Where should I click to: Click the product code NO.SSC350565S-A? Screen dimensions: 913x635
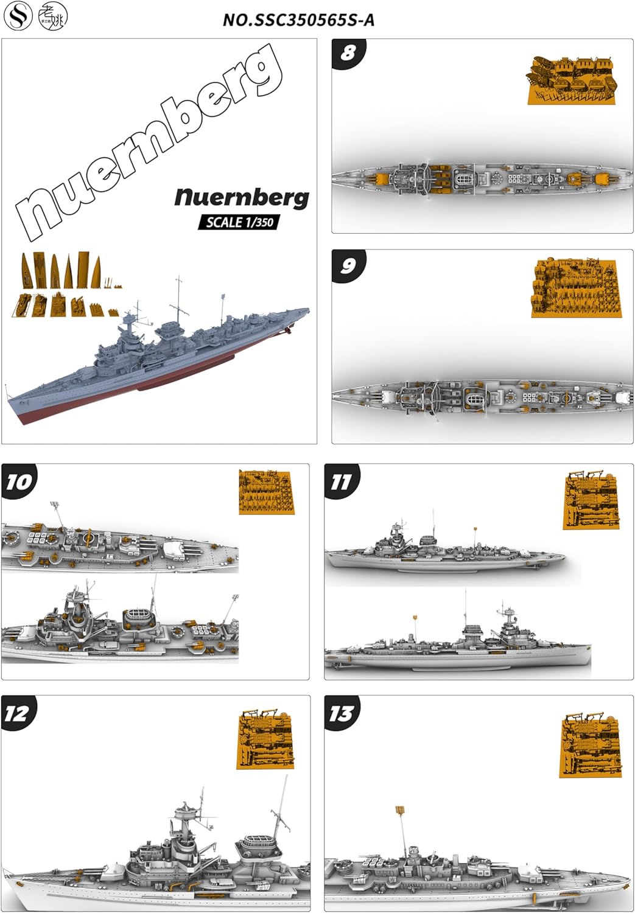(298, 20)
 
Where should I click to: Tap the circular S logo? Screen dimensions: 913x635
(18, 17)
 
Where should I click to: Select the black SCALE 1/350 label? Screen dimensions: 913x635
(239, 222)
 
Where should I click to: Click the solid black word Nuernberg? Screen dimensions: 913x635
(242, 197)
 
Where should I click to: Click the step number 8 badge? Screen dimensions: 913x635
(348, 53)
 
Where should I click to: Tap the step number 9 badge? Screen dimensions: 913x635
(348, 265)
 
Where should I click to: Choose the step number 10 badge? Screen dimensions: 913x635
(18, 481)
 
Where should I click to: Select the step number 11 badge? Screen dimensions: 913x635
(341, 481)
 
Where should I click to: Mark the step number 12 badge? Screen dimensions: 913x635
(17, 713)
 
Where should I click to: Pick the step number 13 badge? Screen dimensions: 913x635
(341, 713)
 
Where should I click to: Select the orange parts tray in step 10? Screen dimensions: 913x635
(267, 492)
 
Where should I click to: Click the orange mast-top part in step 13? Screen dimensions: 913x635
(400, 811)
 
